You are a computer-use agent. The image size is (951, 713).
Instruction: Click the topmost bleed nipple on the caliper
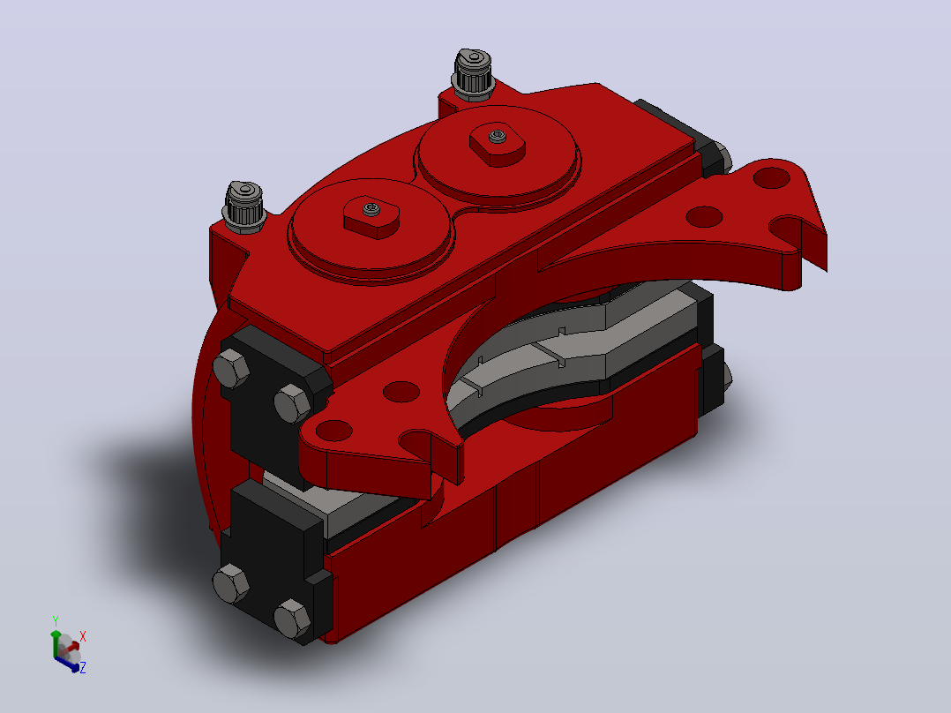472,75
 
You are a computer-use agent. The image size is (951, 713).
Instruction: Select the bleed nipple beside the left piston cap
244,207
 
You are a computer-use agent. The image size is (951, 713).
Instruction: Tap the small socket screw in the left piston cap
371,209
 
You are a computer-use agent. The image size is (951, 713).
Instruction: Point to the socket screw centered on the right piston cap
498,136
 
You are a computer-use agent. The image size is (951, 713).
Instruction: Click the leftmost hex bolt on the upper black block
231,368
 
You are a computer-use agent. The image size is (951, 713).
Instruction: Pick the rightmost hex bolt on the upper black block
293,403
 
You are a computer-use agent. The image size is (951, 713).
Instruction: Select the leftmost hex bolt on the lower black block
230,583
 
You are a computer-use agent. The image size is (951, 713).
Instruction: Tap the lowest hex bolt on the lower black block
292,619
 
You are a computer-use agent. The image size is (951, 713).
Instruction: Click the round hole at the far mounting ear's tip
771,178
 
